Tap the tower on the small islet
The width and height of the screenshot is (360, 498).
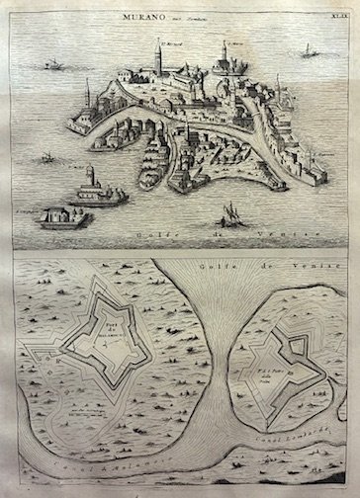coord(92,178)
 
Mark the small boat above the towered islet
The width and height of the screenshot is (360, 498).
coord(46,157)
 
